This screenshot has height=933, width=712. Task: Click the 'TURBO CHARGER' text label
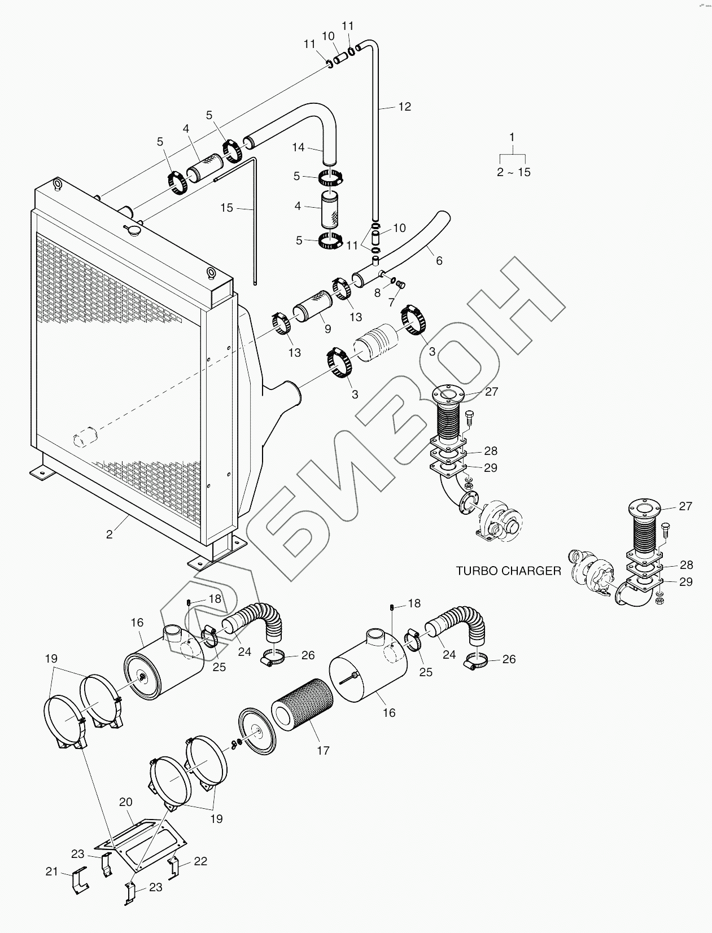(508, 571)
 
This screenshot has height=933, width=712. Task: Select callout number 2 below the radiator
(110, 534)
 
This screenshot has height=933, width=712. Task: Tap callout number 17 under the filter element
(323, 750)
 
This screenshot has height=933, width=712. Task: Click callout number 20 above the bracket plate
(125, 802)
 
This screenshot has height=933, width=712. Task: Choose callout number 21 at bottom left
(52, 871)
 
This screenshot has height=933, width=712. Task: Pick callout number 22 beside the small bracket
(200, 861)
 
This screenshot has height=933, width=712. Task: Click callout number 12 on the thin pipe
(405, 106)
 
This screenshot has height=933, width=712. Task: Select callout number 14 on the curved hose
(298, 147)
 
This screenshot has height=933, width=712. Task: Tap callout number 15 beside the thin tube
(226, 208)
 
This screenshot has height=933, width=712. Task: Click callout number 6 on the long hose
(439, 260)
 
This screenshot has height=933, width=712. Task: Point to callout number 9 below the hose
(327, 329)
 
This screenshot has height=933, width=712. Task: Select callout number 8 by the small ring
(377, 293)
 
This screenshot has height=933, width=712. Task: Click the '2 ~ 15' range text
(514, 172)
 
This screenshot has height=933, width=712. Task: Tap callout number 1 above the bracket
(512, 137)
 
